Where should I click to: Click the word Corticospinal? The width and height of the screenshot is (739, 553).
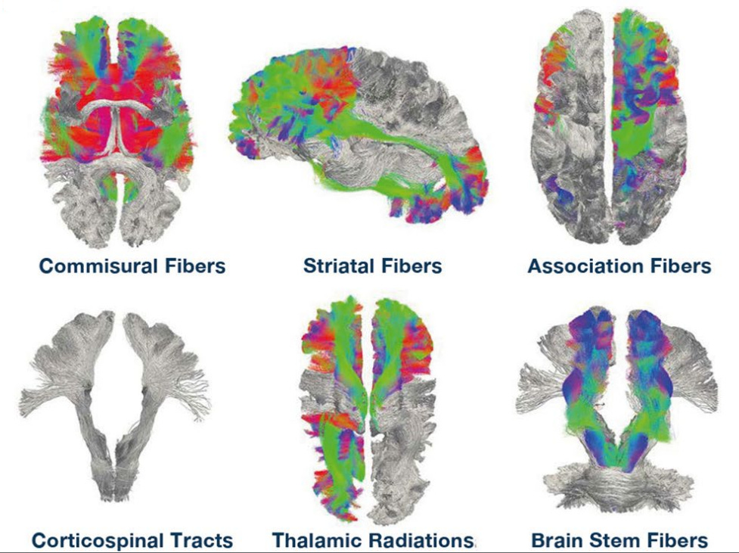pos(98,541)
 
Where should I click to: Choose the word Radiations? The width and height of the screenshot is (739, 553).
pos(424,541)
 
